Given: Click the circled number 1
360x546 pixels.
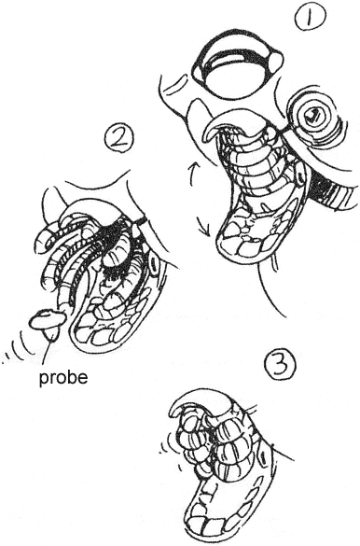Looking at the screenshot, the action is pos(310,18).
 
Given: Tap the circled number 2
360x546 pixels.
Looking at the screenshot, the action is pos(119,138).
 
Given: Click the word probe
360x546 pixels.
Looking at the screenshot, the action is pos(63,378).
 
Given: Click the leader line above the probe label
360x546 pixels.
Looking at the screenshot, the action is pos(48,351).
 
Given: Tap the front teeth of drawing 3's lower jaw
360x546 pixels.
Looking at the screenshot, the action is pos(209,523).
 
